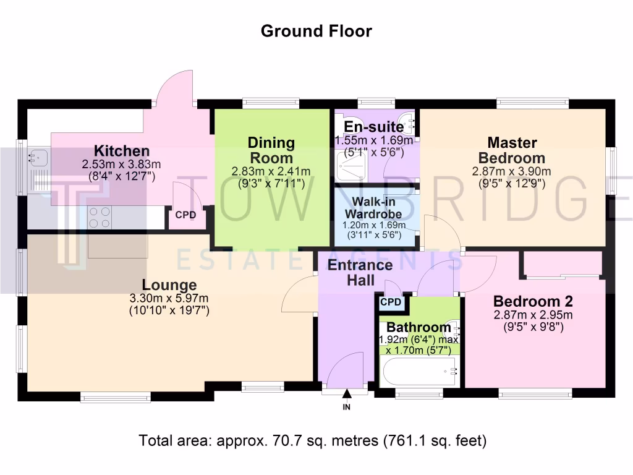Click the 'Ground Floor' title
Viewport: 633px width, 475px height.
(316, 31)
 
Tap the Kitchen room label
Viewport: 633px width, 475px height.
(121, 151)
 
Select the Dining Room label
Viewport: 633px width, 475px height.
(271, 150)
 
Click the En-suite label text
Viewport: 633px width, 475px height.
(374, 127)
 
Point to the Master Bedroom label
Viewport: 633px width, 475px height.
(512, 150)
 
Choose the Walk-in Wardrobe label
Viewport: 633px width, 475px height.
(374, 208)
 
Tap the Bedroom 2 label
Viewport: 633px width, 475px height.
(533, 301)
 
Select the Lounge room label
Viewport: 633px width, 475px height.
(169, 285)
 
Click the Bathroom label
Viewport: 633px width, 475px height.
(419, 327)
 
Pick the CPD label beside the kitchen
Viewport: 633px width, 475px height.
(185, 216)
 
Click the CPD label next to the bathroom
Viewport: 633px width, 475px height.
(391, 302)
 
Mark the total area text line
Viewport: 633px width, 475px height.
(313, 441)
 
